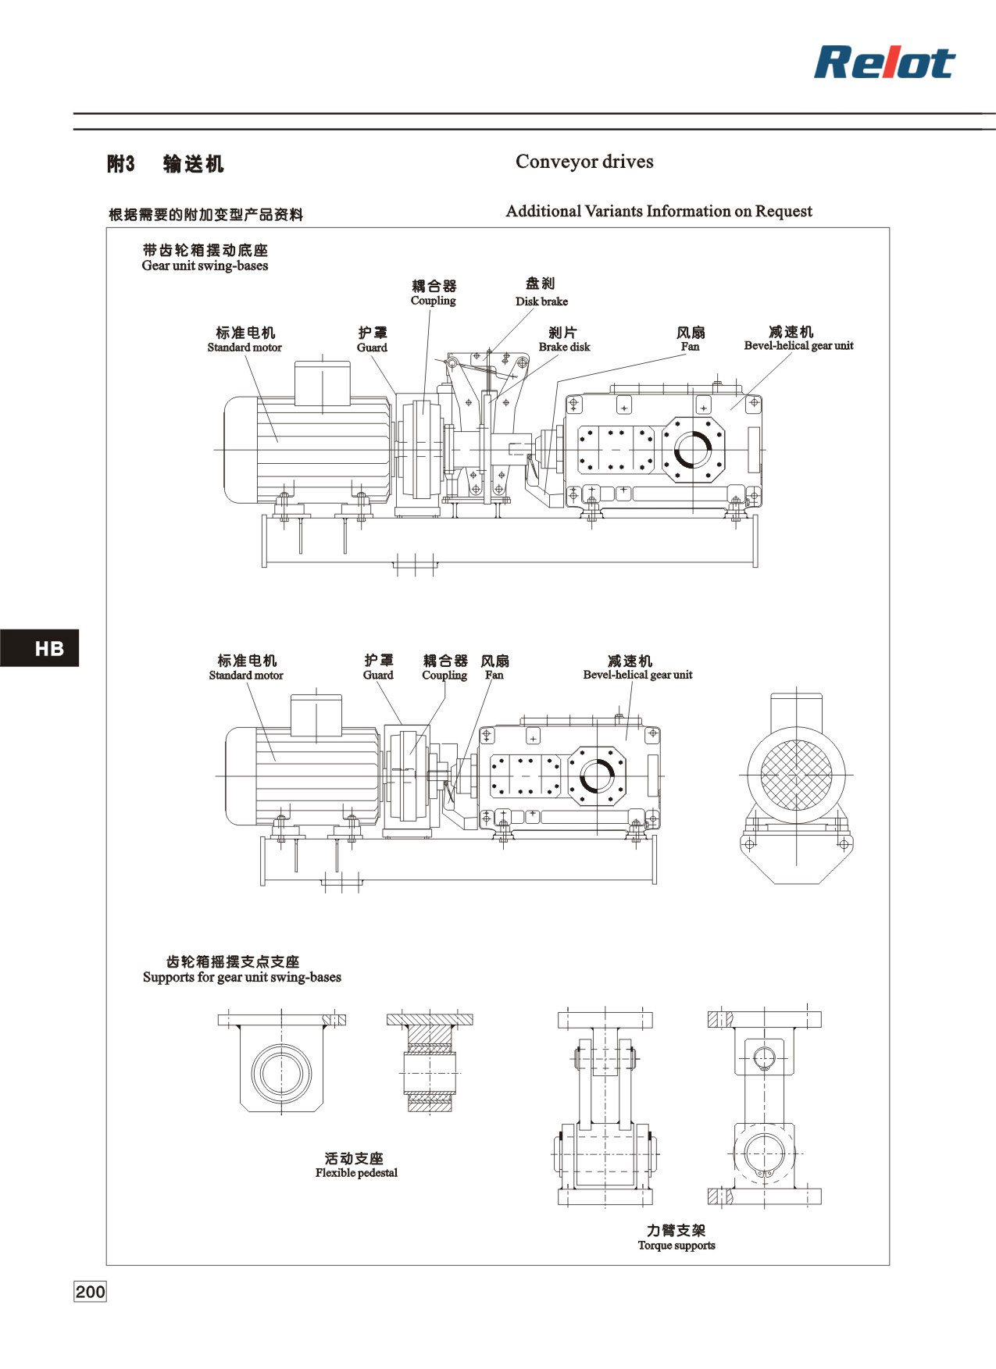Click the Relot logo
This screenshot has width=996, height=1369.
(884, 62)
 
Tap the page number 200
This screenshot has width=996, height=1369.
(90, 1292)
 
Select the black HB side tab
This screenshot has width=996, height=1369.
(39, 647)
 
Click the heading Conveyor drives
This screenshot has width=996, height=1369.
(584, 162)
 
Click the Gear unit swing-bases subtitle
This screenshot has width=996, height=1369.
(205, 266)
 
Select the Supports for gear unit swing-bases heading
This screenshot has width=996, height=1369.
(242, 977)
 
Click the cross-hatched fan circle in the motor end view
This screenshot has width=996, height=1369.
(796, 775)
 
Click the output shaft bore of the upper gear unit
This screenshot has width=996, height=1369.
(691, 451)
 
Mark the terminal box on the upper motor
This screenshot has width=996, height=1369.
(322, 383)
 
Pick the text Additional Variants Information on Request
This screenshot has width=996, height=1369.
(659, 211)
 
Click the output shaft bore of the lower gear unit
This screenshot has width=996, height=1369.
(596, 775)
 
